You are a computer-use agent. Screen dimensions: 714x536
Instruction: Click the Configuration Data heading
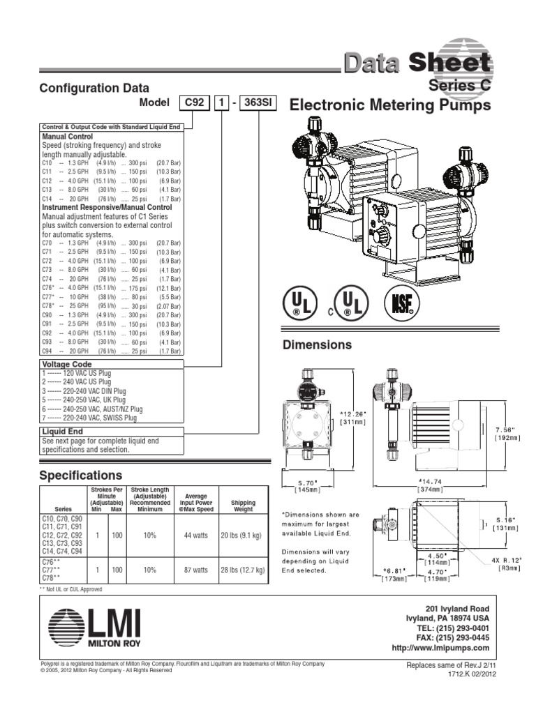(94, 88)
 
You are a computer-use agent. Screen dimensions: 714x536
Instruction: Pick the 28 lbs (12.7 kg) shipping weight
(243, 570)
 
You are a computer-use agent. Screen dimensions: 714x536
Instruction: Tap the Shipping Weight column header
(243, 506)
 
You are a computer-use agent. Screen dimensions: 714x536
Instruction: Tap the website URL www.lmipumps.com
(441, 648)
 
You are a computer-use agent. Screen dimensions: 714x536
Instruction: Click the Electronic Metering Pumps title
(390, 105)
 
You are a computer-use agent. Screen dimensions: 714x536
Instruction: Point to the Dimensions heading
(316, 345)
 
